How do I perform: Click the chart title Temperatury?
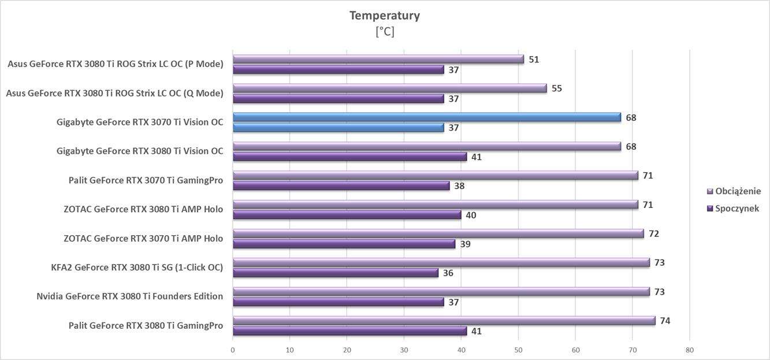coord(384,16)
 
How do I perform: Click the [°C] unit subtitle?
coord(385,32)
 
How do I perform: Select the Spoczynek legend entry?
coord(736,209)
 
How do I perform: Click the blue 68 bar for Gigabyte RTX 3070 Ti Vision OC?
coord(426,117)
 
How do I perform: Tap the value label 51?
coord(534,60)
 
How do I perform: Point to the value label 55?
coord(556,88)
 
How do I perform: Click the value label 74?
coord(665,321)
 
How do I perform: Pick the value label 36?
coord(448,273)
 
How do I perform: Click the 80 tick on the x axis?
coord(689,350)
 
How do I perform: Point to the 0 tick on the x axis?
coord(233,350)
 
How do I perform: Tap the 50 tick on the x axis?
coord(518,350)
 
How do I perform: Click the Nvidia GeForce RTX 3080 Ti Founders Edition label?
coord(129,296)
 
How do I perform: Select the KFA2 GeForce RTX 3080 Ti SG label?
coord(137,268)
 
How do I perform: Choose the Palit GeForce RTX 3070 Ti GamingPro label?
coord(146,180)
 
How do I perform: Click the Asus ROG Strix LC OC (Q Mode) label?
coord(114,93)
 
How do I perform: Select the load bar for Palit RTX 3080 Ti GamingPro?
coord(444,321)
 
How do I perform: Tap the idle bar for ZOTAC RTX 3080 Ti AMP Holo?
coord(347,215)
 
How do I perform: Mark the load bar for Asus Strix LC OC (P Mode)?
coord(378,60)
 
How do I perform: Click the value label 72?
coord(653,233)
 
